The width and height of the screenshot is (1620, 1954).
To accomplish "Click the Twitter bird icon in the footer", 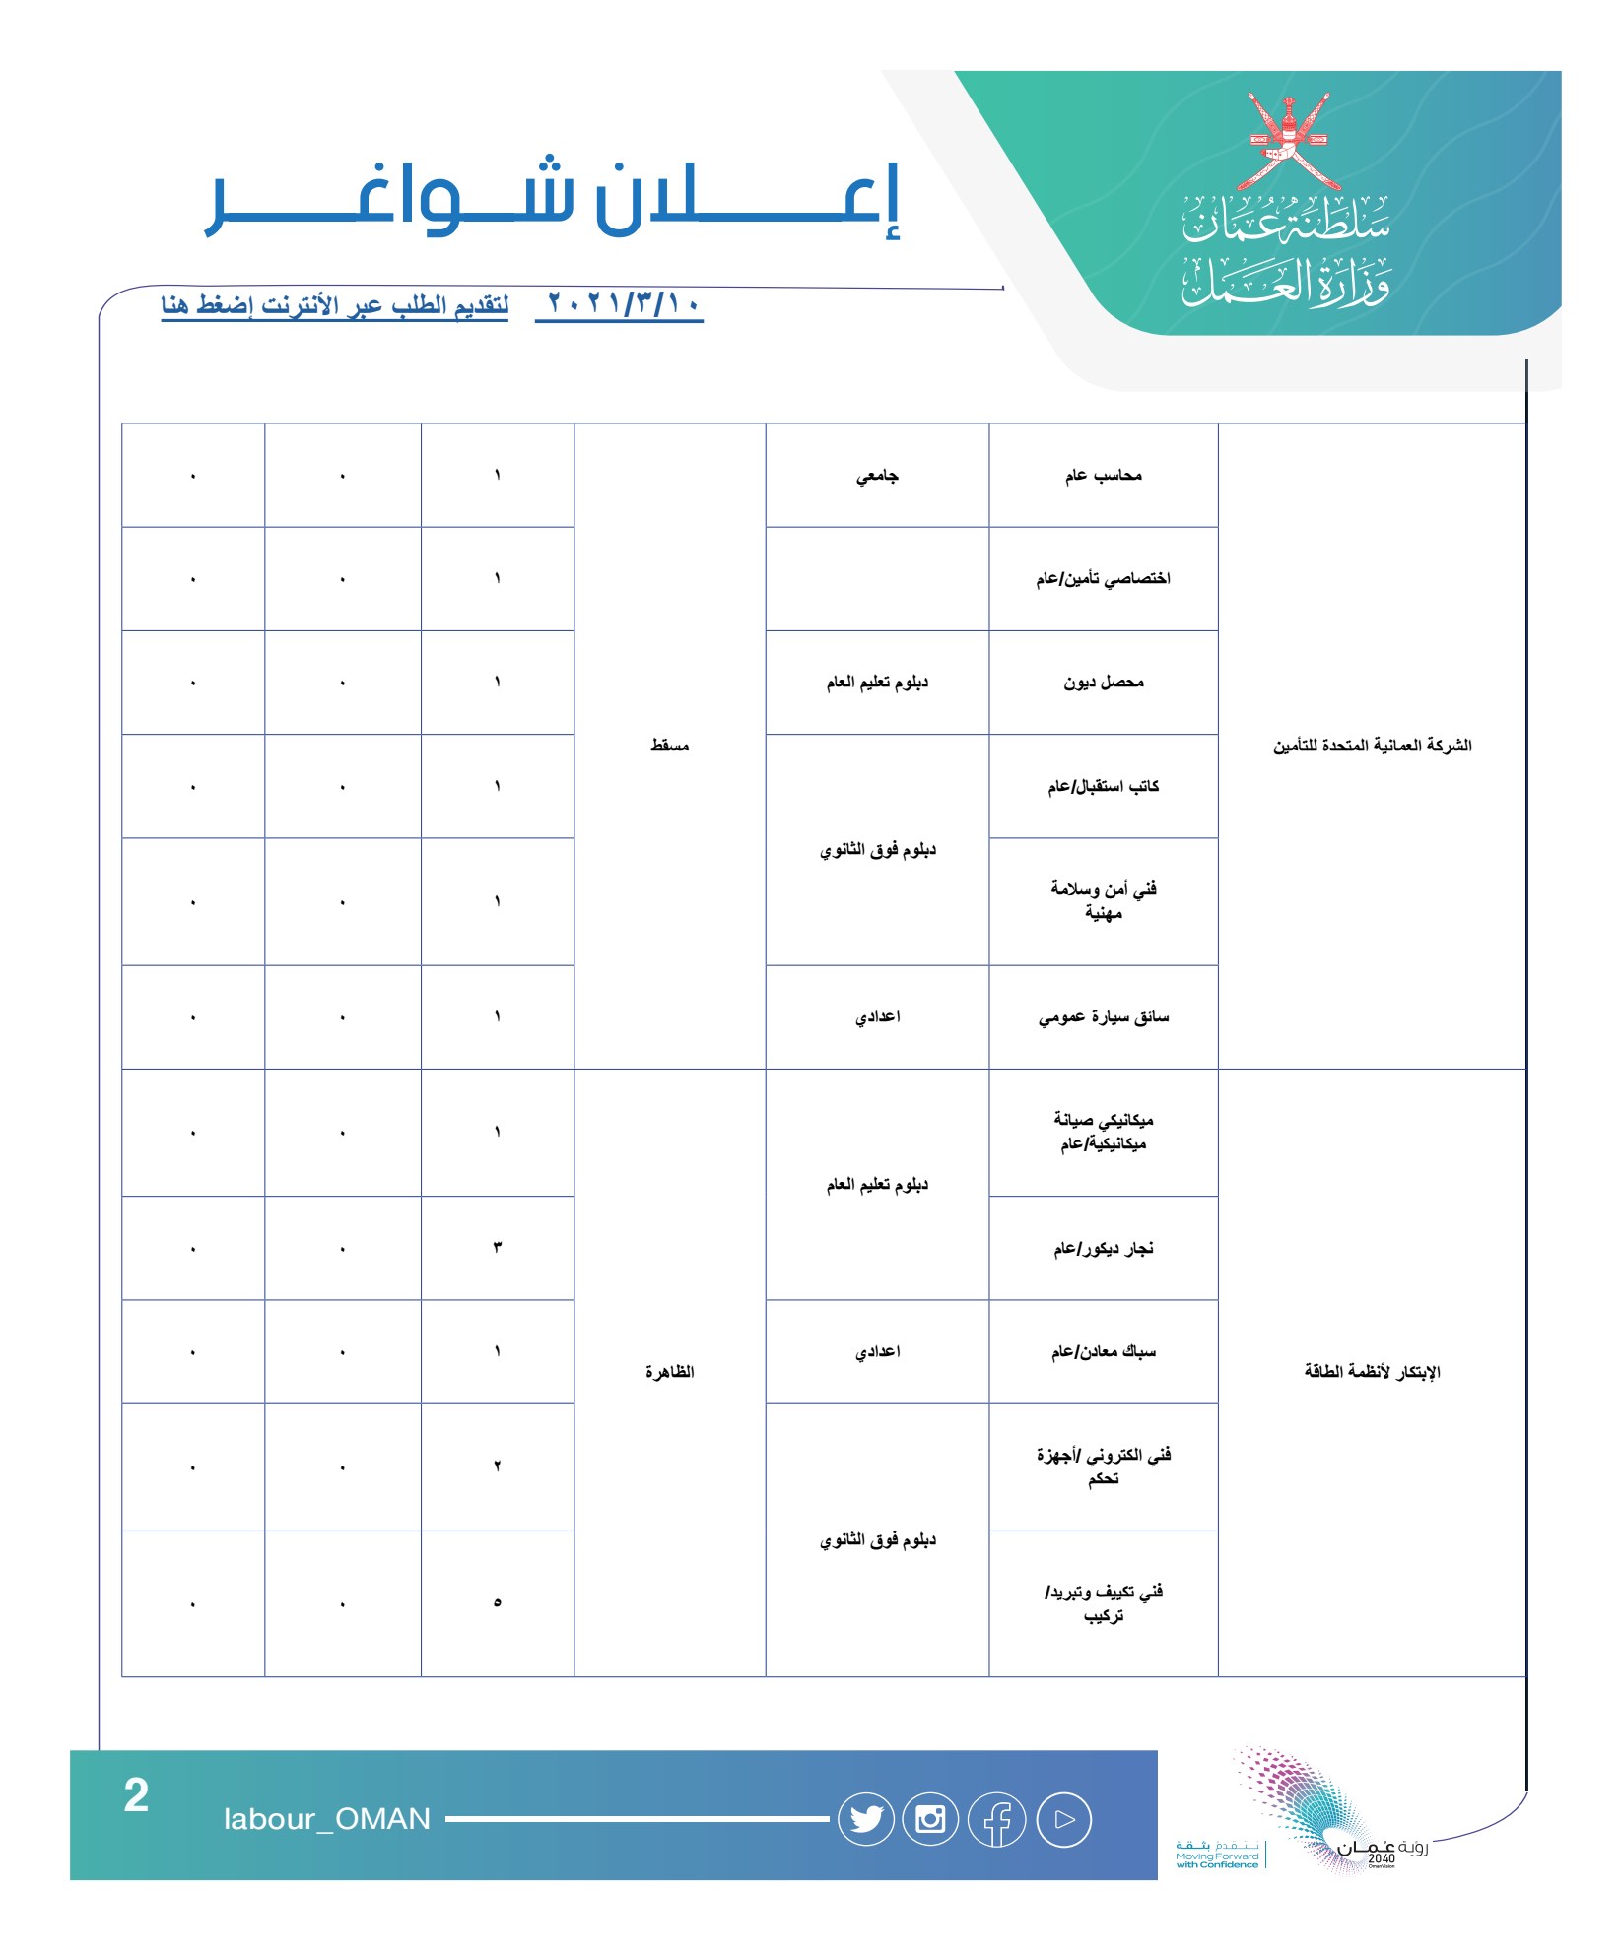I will tap(866, 1819).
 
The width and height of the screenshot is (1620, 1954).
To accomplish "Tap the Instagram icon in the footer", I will tap(930, 1819).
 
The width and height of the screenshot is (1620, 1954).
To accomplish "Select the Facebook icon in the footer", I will tap(997, 1820).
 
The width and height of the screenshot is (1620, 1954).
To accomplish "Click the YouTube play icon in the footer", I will tap(1063, 1820).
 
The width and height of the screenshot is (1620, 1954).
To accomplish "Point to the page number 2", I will tap(136, 1795).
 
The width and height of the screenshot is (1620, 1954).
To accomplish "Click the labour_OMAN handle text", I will tap(327, 1819).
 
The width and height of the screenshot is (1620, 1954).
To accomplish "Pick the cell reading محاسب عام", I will tap(1103, 476).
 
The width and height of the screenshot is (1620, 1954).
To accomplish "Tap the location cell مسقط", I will tap(669, 746).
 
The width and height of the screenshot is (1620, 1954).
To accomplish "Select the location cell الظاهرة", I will tap(669, 1372).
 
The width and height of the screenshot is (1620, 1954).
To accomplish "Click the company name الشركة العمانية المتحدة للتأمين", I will tap(1372, 746).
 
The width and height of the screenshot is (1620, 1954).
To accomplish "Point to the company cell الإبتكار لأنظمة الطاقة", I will tap(1372, 1372).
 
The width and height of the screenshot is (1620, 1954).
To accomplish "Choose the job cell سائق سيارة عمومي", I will tap(1103, 1016).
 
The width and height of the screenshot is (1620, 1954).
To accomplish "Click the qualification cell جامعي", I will tap(877, 476).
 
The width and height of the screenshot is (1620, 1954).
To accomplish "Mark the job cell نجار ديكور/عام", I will tap(1103, 1249).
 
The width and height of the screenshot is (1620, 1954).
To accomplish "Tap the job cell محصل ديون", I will tap(1103, 683).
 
